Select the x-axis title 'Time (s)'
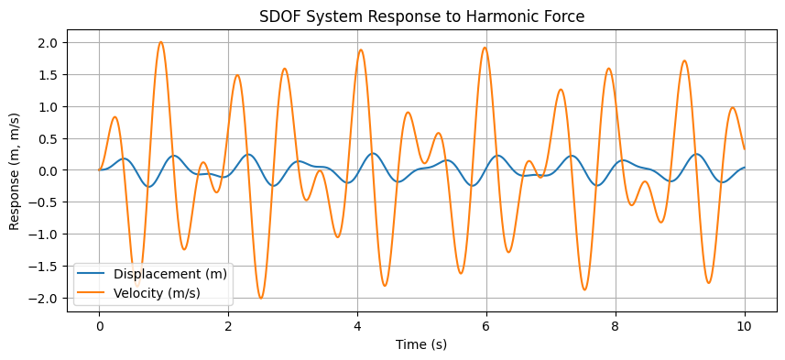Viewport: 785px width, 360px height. (422, 345)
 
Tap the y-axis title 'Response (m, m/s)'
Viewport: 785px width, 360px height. (16, 170)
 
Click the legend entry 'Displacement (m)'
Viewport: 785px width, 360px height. (170, 274)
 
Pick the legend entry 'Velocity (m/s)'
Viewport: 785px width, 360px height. (157, 292)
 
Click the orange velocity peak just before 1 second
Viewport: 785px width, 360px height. (160, 42)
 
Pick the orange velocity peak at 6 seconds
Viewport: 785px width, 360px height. (485, 48)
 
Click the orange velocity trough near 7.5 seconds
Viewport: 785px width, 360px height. (584, 289)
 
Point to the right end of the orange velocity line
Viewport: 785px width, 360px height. (744, 148)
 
